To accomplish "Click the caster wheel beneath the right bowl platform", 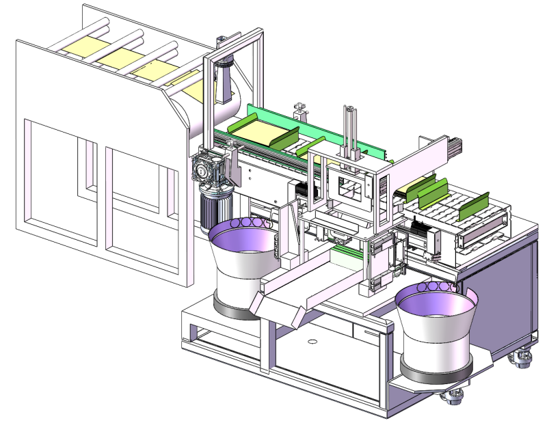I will [x=454, y=396].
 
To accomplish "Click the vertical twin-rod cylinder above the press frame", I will [x=351, y=133].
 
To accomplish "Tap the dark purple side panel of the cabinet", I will [x=496, y=294].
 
